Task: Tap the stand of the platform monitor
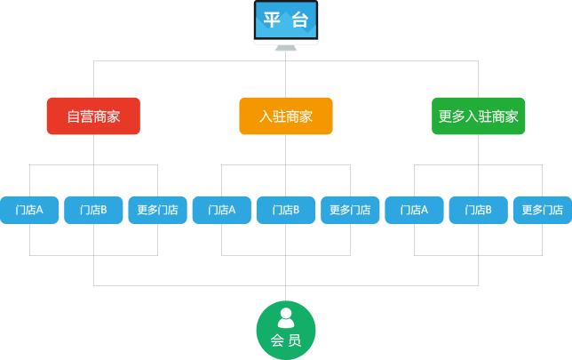point(286,47)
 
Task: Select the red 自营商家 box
point(93,116)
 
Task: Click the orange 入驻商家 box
point(286,116)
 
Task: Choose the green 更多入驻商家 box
point(478,116)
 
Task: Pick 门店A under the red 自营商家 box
point(29,211)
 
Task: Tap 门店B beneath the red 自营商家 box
point(93,211)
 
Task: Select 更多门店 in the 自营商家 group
point(157,211)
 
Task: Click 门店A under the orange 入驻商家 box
point(222,211)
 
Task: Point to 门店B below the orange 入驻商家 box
point(286,211)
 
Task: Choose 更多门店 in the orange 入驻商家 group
point(350,211)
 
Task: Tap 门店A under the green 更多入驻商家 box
point(414,211)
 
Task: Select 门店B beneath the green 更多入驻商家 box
point(478,211)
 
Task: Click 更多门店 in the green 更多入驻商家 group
point(542,211)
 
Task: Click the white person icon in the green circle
point(286,318)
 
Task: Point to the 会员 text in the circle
point(286,340)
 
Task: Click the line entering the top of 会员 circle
point(286,293)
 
